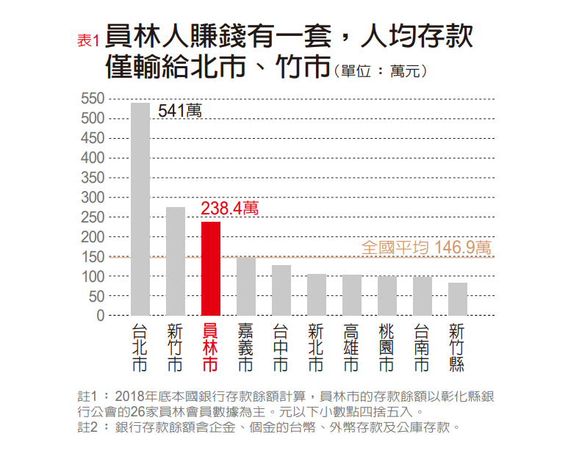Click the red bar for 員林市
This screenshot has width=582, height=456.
pos(211,268)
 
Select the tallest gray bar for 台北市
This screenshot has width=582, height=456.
pos(140,209)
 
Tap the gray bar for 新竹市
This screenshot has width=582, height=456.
pos(176,261)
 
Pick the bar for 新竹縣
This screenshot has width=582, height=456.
pos(458,299)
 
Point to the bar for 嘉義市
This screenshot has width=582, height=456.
pos(246,286)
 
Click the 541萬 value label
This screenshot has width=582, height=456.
pos(179,112)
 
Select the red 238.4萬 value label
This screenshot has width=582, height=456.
pos(230,209)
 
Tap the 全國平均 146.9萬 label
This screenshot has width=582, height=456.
pos(427,247)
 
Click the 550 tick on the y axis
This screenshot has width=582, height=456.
pos(94,98)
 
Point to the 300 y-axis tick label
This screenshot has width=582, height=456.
pos(94,198)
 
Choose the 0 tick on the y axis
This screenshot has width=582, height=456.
pos(101,316)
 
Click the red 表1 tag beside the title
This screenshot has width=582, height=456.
pos(87,41)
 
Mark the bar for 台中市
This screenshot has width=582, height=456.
pos(281,290)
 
